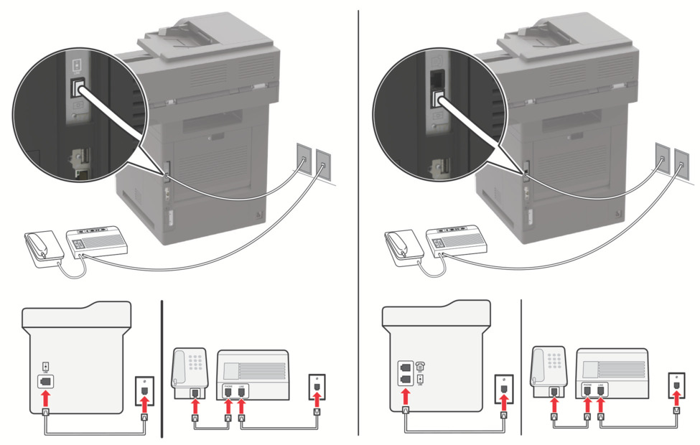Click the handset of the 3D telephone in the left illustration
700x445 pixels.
43,244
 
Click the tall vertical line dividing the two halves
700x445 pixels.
358,215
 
